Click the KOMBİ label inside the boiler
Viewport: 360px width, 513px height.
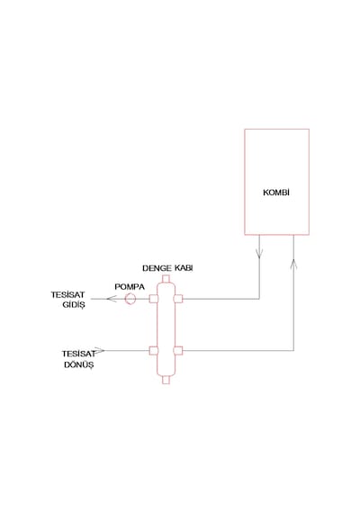tap(276, 193)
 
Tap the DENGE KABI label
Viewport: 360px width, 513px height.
tap(167, 268)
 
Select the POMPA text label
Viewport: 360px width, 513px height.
tap(130, 287)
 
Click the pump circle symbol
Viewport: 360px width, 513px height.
tap(130, 299)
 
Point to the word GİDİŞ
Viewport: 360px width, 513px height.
tap(74, 304)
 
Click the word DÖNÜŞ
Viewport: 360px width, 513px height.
tap(79, 364)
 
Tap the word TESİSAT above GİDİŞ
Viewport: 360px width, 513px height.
tap(67, 294)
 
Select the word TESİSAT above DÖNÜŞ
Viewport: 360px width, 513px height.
tap(79, 354)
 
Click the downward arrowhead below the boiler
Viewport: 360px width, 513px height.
tap(259, 254)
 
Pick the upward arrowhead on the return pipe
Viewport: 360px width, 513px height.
tap(293, 264)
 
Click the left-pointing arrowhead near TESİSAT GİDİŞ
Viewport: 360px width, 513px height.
tap(112, 299)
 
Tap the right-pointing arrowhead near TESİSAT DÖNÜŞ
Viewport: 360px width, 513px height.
tap(100, 350)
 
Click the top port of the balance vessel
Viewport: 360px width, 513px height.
tap(166, 279)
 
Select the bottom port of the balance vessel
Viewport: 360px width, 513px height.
tap(166, 380)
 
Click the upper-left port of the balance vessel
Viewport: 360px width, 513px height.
tap(154, 299)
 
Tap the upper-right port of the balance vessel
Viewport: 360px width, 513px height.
tap(178, 299)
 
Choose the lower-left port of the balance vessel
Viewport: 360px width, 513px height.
tap(154, 350)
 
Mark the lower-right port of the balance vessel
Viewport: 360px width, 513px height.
tap(178, 350)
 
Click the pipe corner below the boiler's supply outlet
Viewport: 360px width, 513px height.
tap(259, 299)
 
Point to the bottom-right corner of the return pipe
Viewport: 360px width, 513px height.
tap(293, 350)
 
